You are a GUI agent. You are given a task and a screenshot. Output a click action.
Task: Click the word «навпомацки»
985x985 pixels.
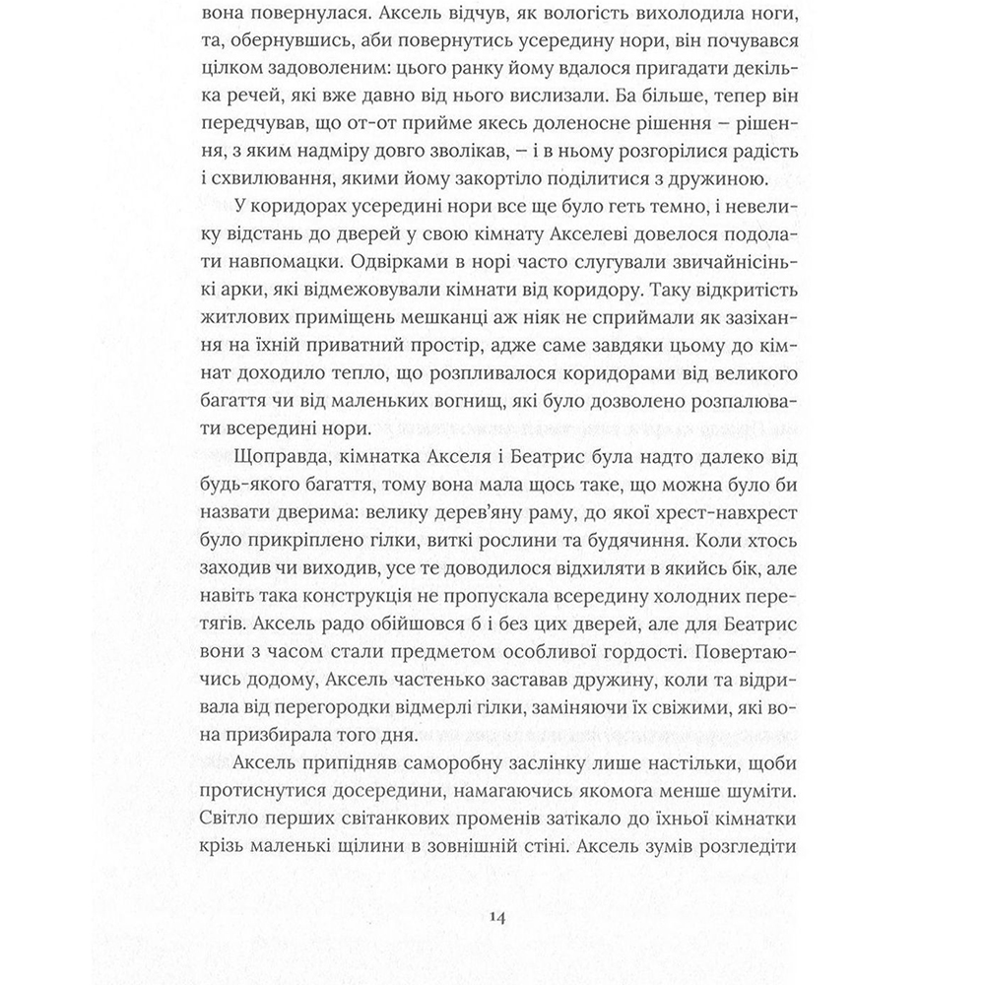(266, 262)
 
